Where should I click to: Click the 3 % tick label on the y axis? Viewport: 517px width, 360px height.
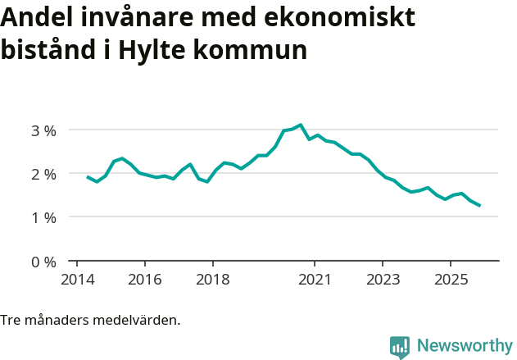44,130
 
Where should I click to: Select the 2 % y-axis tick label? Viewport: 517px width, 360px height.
44,174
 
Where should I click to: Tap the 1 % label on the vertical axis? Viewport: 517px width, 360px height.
44,217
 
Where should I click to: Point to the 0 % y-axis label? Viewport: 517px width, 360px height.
44,262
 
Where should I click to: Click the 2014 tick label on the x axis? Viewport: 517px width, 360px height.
76,280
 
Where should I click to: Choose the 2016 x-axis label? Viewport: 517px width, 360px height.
144,280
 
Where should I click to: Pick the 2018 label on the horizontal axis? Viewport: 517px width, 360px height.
212,280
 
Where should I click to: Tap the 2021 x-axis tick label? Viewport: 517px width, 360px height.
315,280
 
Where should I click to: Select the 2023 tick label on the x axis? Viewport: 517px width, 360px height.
383,280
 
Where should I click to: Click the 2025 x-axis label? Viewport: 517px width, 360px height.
451,280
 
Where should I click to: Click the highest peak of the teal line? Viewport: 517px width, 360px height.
301,125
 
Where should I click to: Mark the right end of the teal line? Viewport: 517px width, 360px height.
479,206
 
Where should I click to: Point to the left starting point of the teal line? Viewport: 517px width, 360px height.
88,176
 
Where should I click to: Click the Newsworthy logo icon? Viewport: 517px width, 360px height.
400,347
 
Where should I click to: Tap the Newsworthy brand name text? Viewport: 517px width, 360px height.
465,346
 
